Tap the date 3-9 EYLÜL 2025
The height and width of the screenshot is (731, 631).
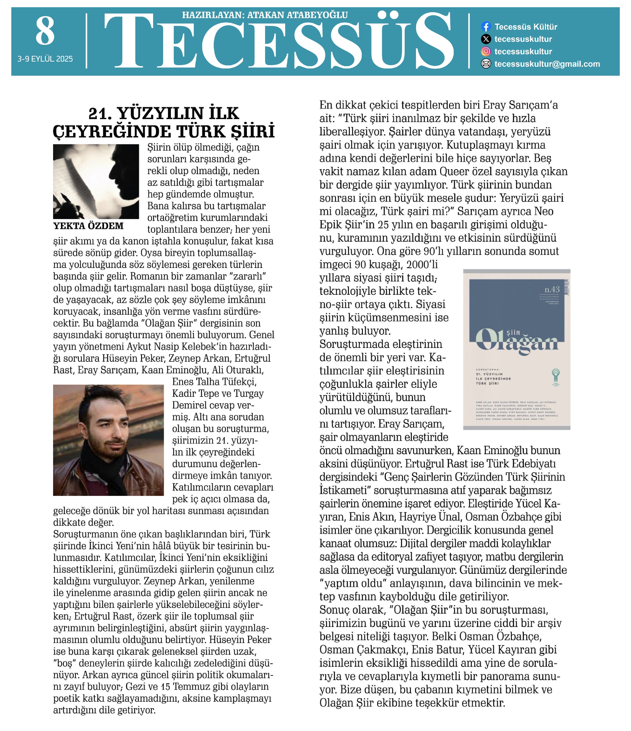click(x=45, y=59)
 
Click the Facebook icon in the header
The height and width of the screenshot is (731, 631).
click(x=486, y=26)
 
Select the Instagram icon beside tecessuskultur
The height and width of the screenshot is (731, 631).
click(x=486, y=52)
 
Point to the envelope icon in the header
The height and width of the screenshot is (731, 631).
click(x=486, y=64)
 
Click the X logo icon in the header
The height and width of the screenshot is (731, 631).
click(x=486, y=39)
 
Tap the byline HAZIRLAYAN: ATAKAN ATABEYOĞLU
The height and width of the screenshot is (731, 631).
click(x=265, y=15)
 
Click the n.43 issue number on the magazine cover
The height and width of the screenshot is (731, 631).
click(x=552, y=289)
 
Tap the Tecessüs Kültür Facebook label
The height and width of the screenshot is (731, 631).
click(x=526, y=27)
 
